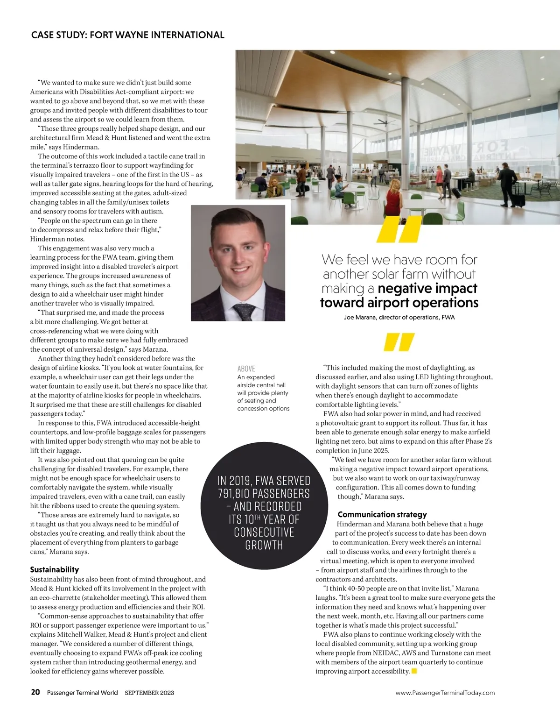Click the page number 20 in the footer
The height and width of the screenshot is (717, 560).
tap(35, 692)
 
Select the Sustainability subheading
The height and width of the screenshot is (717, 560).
tap(55, 569)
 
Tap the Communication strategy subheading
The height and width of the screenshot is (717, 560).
tap(382, 514)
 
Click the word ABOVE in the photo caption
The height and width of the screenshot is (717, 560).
tap(246, 369)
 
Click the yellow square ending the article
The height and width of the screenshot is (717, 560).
tap(414, 671)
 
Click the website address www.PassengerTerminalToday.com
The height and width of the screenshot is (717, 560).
tap(445, 693)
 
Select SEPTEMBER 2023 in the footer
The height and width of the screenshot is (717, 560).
tap(149, 693)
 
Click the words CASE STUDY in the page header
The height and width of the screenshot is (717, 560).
tap(57, 35)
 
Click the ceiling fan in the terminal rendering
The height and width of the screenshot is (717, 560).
tap(384, 122)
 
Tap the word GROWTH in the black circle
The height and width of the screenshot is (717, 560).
tap(264, 545)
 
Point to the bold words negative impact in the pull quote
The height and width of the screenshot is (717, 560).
tap(427, 288)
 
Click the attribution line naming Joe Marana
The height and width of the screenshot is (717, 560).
tap(399, 318)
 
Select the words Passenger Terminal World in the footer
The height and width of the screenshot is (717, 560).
tap(82, 693)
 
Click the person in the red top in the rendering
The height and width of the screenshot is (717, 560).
tap(394, 201)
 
